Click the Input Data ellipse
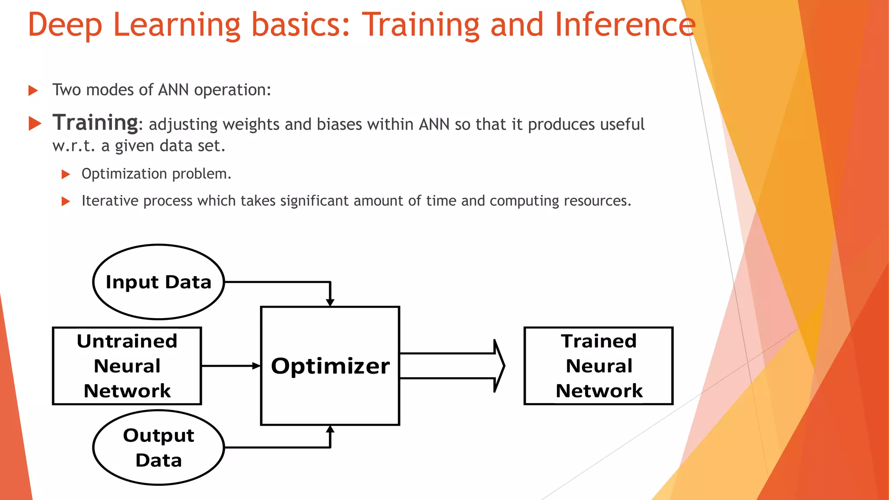pos(158,282)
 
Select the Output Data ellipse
pos(158,447)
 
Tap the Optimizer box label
pos(330,366)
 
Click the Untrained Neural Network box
pos(127,366)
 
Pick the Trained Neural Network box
pos(599,366)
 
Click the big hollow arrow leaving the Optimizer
pos(451,366)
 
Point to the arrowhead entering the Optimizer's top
pos(330,302)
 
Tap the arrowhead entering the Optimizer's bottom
pos(330,430)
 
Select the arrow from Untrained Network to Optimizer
pos(230,366)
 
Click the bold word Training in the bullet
pos(95,122)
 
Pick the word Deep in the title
pos(65,25)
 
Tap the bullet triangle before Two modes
pos(33,90)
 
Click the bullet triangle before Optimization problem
pos(66,174)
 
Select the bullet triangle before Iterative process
pos(66,201)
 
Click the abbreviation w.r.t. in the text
pos(73,146)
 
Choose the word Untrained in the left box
pos(127,341)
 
